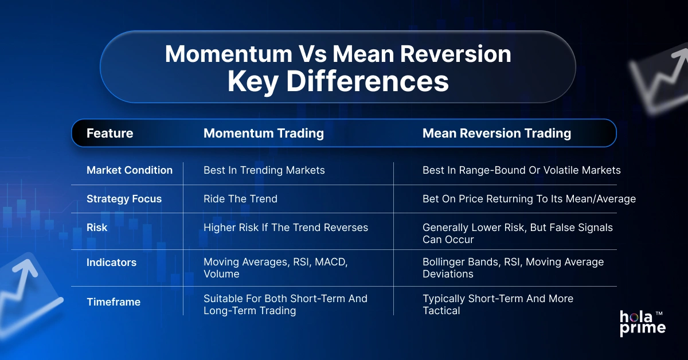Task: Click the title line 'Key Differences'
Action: coord(338,81)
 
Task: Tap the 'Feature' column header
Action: coord(110,134)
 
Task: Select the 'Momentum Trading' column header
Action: coord(264,134)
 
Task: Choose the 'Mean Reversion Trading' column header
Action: coord(497,134)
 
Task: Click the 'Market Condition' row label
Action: coord(129,170)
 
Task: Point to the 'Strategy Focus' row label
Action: coord(124,199)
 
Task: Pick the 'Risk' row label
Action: coord(97,228)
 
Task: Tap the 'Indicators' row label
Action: coord(111,263)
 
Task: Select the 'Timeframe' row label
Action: coord(113,302)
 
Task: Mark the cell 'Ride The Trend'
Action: coord(240,199)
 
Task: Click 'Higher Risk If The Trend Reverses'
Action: coord(286,228)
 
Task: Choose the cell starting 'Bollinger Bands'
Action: coord(513,268)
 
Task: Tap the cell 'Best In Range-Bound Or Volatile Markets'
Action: coord(521,170)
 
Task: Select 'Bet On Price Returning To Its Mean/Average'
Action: coord(529,199)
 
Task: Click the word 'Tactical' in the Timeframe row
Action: coord(441,311)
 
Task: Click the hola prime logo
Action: coord(642,323)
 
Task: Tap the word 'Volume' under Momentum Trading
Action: coord(221,274)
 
